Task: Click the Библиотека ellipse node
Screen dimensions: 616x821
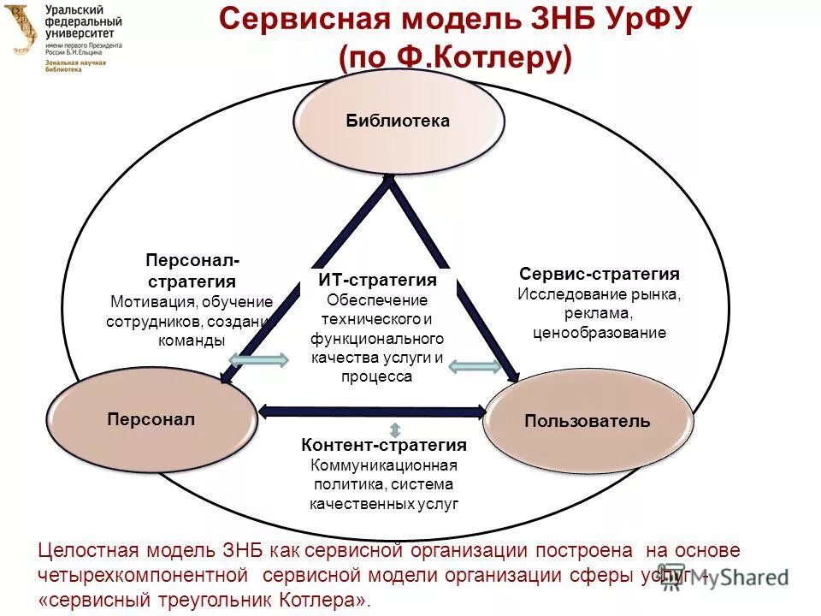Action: tap(399, 121)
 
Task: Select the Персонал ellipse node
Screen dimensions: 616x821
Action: tap(151, 419)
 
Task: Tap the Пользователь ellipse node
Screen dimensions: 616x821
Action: tap(588, 421)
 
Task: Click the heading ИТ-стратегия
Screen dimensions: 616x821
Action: tap(377, 281)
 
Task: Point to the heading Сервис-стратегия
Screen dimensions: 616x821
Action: tap(600, 274)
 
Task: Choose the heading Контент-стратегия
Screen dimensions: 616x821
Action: tap(384, 445)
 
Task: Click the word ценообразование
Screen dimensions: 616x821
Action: tap(599, 333)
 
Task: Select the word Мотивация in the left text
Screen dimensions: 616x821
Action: tap(151, 302)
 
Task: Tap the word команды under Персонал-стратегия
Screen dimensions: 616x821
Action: tap(192, 340)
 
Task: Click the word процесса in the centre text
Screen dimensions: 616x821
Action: tap(376, 376)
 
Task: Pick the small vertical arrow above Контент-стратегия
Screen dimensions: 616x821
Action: tap(394, 429)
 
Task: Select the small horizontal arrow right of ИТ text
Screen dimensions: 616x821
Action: tap(475, 367)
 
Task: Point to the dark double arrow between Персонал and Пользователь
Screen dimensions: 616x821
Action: tap(371, 412)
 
